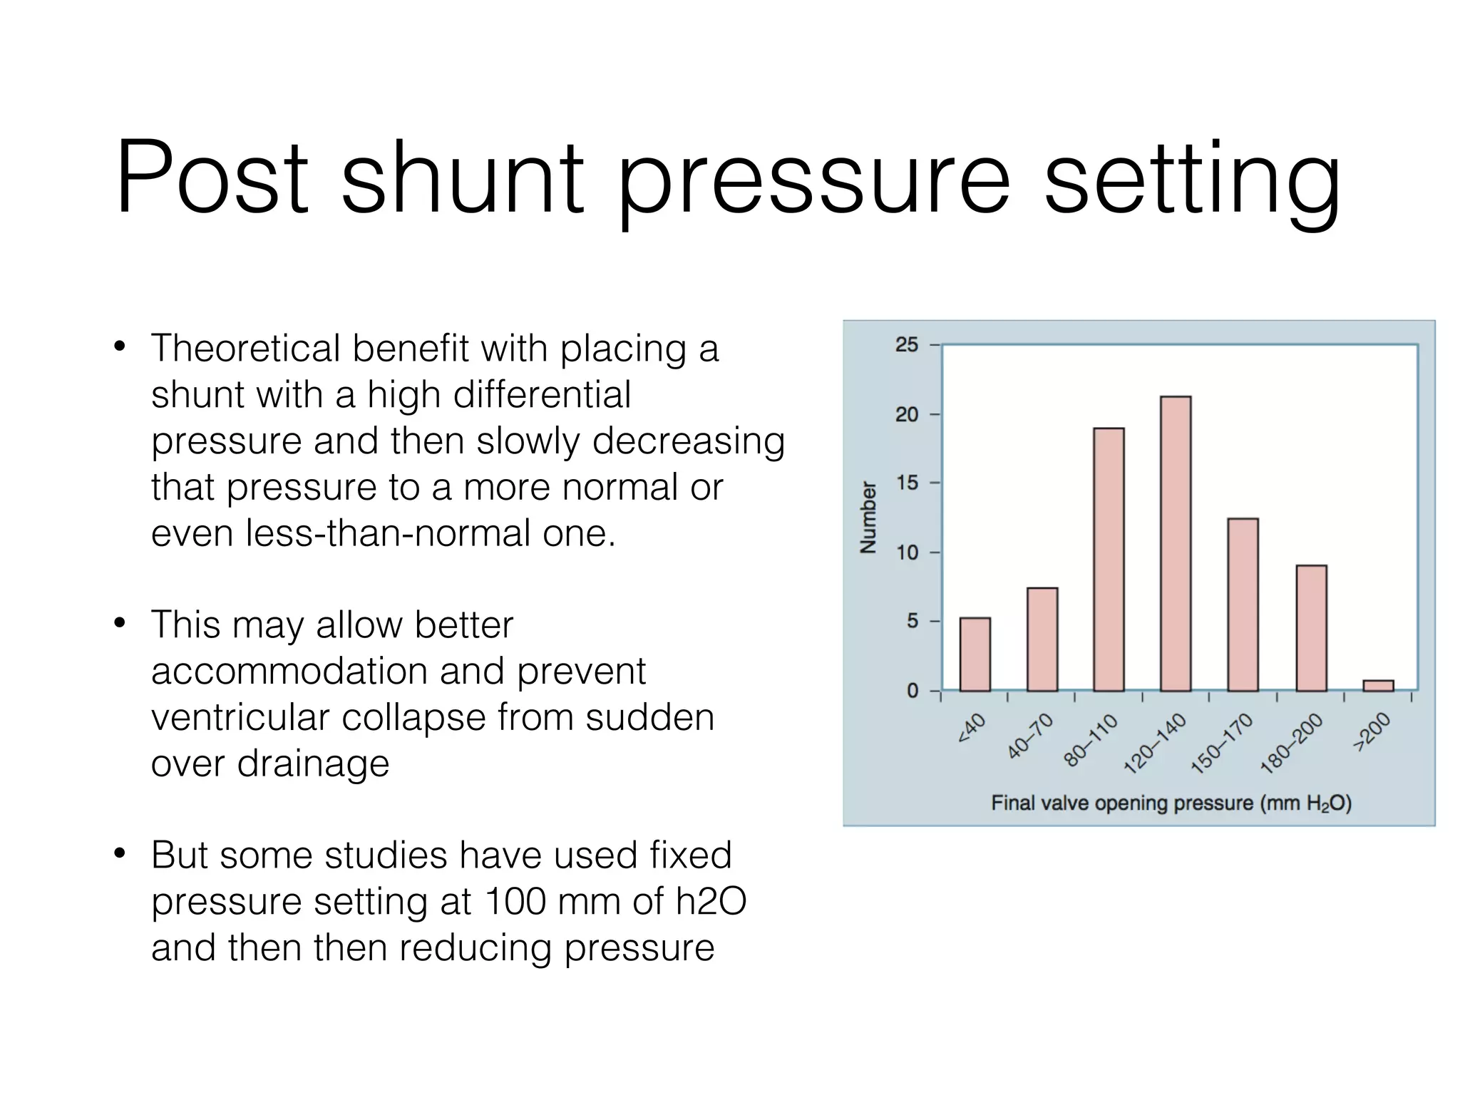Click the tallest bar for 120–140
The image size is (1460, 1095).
[x=1176, y=543]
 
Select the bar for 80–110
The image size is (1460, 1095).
[x=1109, y=560]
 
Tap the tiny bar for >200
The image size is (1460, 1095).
[x=1378, y=685]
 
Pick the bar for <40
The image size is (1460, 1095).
[x=975, y=654]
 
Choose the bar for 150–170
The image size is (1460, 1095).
[x=1243, y=605]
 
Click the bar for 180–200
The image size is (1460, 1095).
[x=1311, y=628]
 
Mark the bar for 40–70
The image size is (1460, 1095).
[x=1042, y=639]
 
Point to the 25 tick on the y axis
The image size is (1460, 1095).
[x=907, y=345]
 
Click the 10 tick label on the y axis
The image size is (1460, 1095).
[x=907, y=552]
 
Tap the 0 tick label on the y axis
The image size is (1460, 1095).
[x=912, y=691]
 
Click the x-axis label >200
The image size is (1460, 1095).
[x=1372, y=732]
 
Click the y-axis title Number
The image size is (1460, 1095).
[x=868, y=517]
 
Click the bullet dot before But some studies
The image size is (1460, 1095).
[x=120, y=853]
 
